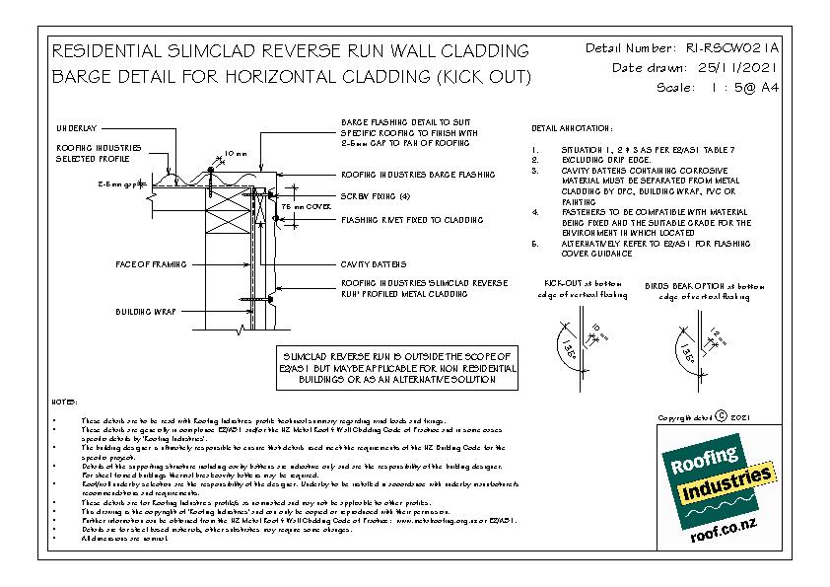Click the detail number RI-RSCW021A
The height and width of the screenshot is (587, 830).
(725, 47)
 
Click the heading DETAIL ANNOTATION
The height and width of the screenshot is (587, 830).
(572, 129)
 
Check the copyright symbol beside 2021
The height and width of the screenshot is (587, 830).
(722, 418)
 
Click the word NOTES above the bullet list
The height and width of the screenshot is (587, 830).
(64, 403)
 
